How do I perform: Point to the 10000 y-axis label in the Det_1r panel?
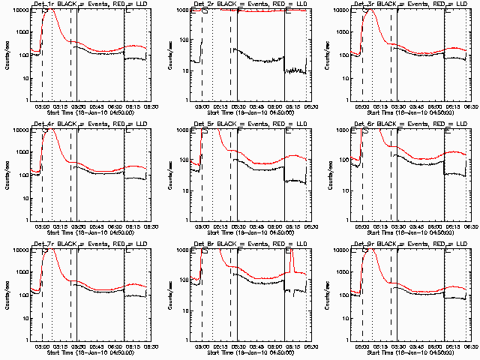pos(18,10)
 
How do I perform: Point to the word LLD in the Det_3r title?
pos(461,5)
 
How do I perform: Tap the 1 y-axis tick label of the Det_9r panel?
pos(346,340)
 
